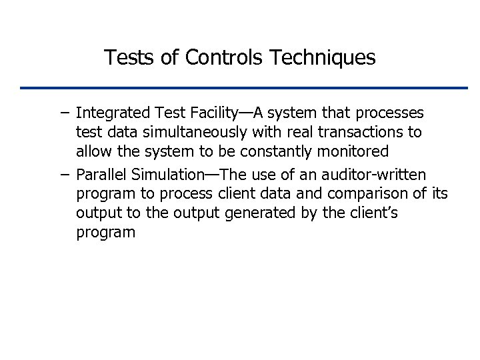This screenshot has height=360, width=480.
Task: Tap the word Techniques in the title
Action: (x=323, y=58)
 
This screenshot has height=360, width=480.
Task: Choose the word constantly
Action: (x=274, y=151)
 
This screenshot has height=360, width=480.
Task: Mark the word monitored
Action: (x=355, y=151)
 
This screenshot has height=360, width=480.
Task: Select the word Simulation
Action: (x=166, y=175)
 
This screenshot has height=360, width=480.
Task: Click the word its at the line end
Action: (x=440, y=194)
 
